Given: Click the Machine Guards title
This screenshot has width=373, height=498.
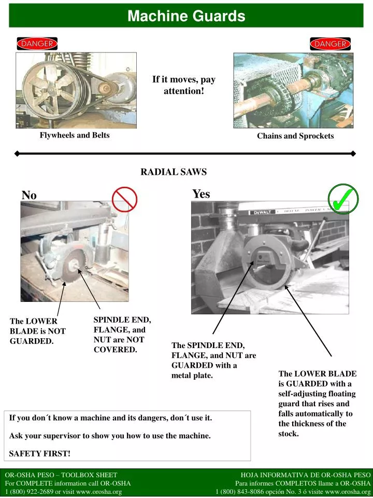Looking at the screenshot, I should (187, 16).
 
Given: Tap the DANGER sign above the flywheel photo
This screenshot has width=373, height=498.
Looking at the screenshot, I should (36, 44).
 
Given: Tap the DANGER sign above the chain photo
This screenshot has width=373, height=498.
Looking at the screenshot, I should (329, 44).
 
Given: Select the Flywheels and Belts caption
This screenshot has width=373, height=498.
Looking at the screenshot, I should (75, 135).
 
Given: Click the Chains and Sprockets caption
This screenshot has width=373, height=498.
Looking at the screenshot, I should (295, 136).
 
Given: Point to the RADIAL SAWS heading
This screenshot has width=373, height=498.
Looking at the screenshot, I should (174, 172).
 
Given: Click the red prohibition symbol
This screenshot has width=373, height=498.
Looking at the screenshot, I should (124, 200).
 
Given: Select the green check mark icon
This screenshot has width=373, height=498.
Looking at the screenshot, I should (343, 199).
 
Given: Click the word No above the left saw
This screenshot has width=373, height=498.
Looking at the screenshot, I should (29, 195).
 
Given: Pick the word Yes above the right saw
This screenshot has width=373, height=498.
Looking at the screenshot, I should (201, 194).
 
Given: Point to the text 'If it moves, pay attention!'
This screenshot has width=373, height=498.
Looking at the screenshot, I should (183, 85).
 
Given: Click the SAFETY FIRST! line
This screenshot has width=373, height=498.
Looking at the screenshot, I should (40, 453).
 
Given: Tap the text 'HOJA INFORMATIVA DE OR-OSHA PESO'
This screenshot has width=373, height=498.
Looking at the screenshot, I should (306, 475).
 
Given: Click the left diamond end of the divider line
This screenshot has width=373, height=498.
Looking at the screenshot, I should (17, 154).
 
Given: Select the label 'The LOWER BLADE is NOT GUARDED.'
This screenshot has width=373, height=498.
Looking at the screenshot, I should (37, 331).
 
